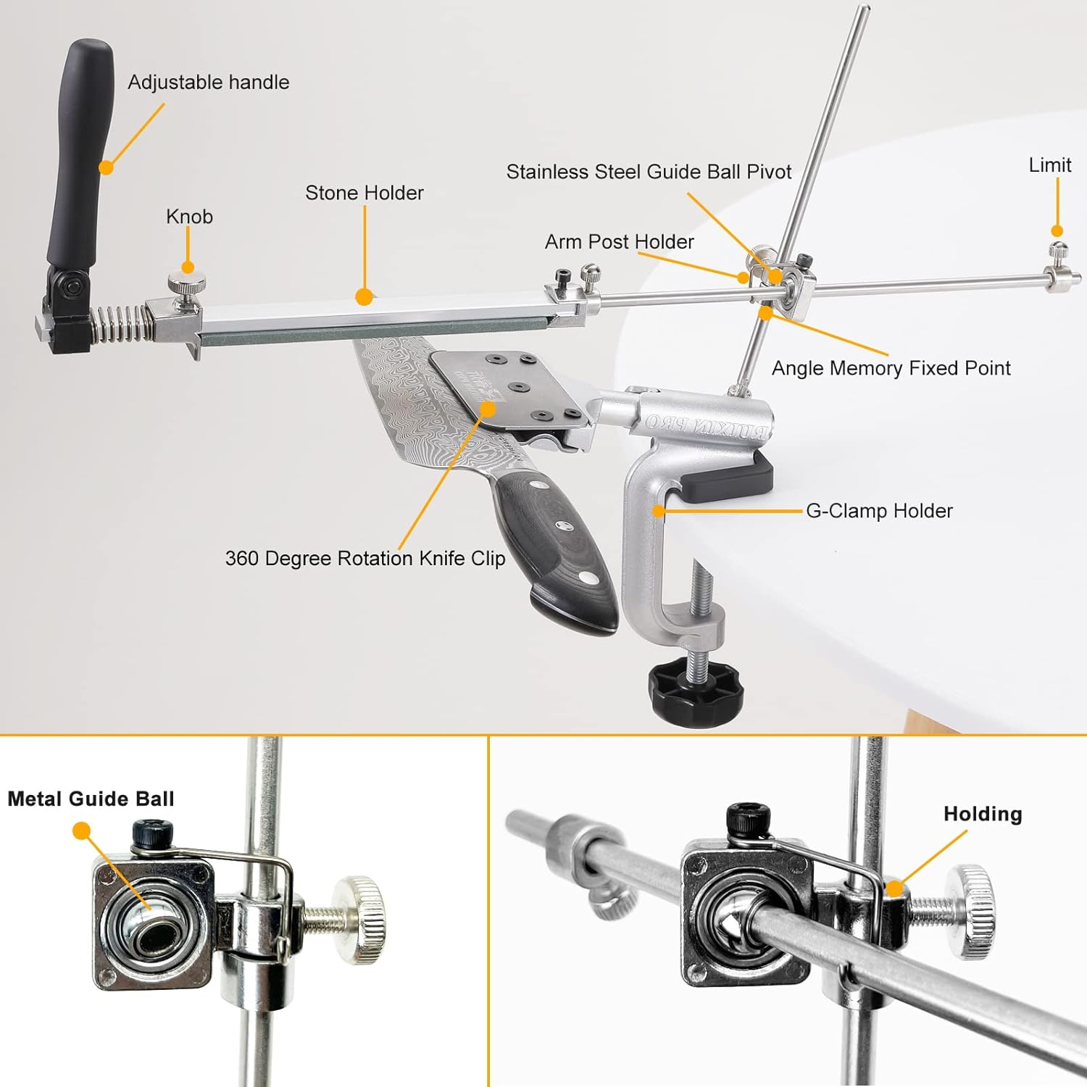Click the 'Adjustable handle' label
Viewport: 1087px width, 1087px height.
pyautogui.click(x=209, y=83)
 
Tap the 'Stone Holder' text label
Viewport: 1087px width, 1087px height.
pyautogui.click(x=365, y=193)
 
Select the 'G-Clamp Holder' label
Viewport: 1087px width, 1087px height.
pyautogui.click(x=879, y=511)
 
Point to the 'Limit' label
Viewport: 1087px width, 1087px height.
pyautogui.click(x=1050, y=165)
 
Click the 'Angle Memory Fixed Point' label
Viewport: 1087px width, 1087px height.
pyautogui.click(x=891, y=368)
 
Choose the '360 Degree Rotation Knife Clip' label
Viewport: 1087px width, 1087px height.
pyautogui.click(x=365, y=559)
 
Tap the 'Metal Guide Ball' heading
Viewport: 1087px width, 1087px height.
pyautogui.click(x=91, y=799)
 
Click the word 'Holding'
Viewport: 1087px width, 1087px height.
pyautogui.click(x=983, y=814)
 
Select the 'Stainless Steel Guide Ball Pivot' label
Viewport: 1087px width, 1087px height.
pyautogui.click(x=649, y=172)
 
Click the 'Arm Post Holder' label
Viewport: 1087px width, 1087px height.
pyautogui.click(x=620, y=242)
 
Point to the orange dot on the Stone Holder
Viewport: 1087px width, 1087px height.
pyautogui.click(x=365, y=296)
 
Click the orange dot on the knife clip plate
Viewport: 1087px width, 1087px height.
pyautogui.click(x=488, y=409)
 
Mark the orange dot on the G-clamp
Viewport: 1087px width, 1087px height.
pyautogui.click(x=659, y=511)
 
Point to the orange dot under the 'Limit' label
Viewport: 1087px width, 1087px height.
pyautogui.click(x=1057, y=231)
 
